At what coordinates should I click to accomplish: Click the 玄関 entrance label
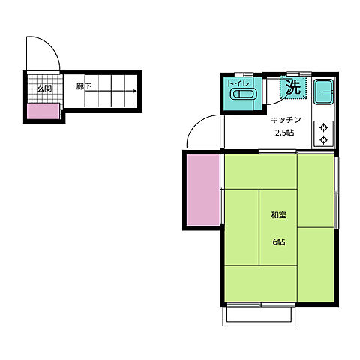click(43, 88)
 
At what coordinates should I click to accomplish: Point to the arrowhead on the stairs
click(135, 91)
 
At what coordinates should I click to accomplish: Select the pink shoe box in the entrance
click(43, 112)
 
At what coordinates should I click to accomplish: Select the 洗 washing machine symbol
click(292, 87)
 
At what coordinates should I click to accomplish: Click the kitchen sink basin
click(324, 94)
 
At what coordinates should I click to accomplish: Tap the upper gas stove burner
click(325, 127)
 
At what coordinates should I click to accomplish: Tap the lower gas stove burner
click(325, 139)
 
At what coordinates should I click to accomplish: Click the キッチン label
click(286, 120)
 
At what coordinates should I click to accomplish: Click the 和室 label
click(278, 215)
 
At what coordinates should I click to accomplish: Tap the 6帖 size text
click(278, 241)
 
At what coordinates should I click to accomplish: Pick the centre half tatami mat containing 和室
click(278, 226)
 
